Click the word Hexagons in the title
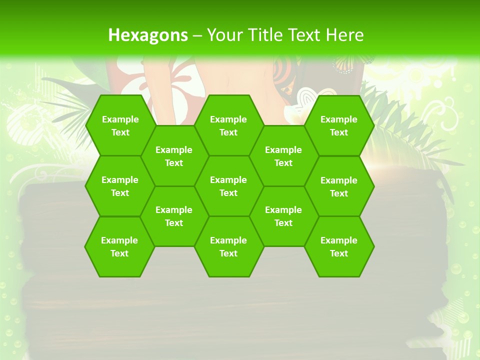pos(148,35)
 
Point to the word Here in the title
pos(344,35)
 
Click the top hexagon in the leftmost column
pos(120,125)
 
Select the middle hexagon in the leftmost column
pos(120,186)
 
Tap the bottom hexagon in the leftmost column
pos(119,246)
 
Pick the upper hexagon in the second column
pos(174,156)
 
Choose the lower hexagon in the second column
pos(174,216)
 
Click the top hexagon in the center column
pos(228,125)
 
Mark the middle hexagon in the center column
pos(228,186)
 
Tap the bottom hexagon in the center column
pos(228,246)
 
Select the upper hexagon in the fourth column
pos(283,156)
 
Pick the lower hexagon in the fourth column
pos(283,216)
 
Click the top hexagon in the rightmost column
pos(339,125)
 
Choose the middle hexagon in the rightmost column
pos(339,186)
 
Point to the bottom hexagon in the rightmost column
pos(339,246)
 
